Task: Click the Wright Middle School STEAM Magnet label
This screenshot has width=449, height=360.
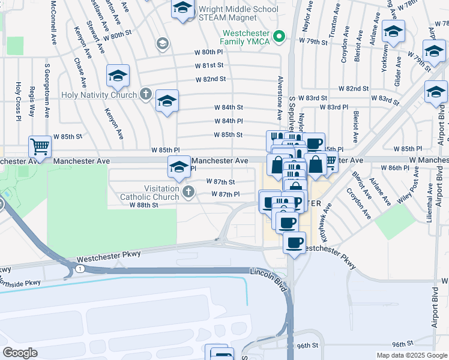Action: (238, 14)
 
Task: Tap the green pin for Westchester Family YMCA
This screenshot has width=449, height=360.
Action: (279, 37)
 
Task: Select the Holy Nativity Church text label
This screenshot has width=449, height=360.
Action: (98, 94)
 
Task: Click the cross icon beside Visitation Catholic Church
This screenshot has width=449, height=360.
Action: (188, 192)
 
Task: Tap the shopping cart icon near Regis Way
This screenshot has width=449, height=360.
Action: (39, 146)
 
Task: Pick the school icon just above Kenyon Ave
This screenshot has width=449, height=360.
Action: (118, 75)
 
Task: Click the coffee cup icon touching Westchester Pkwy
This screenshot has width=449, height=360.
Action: (294, 243)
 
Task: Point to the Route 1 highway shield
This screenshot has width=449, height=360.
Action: (80, 268)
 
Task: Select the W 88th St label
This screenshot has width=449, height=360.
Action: (143, 205)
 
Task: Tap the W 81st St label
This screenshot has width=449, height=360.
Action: (209, 65)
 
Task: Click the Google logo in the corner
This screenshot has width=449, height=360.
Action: (20, 352)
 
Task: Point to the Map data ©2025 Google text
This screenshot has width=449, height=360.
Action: (411, 355)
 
